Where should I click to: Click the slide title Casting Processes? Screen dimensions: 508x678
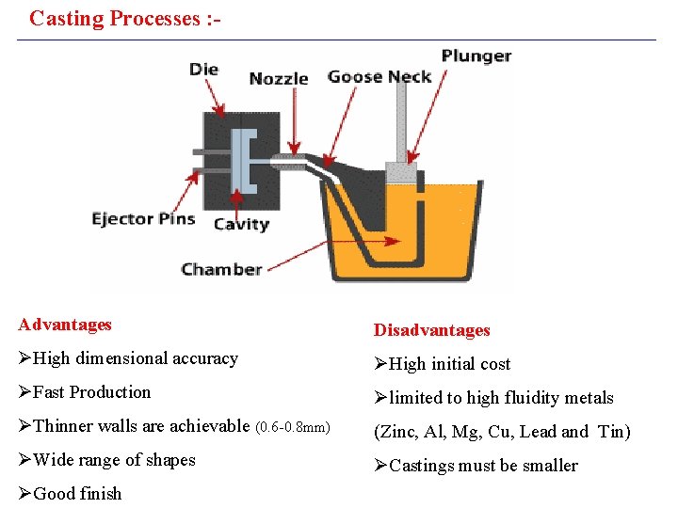point(124,18)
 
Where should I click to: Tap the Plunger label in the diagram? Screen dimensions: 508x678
point(476,56)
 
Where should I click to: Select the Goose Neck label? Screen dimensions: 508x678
point(379,77)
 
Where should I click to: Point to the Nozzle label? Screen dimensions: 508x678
point(279,79)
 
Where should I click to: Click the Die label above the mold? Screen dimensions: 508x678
point(203,69)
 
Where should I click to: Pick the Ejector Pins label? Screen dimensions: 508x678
point(143,219)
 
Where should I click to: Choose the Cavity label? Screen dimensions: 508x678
point(241,224)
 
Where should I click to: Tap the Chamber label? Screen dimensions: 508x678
point(221,269)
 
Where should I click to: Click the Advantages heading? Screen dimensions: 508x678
point(65,325)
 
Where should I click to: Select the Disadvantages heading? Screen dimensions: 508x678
point(432,330)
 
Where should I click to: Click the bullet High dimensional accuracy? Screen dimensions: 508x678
point(135,358)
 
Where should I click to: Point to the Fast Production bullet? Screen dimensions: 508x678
point(91,392)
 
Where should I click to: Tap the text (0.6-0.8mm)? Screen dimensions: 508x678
point(293,427)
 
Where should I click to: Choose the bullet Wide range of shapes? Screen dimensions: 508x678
point(114,460)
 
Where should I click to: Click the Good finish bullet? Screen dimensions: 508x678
point(77,494)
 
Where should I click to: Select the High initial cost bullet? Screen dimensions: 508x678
point(449,364)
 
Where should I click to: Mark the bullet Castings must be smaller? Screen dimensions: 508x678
point(483,466)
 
